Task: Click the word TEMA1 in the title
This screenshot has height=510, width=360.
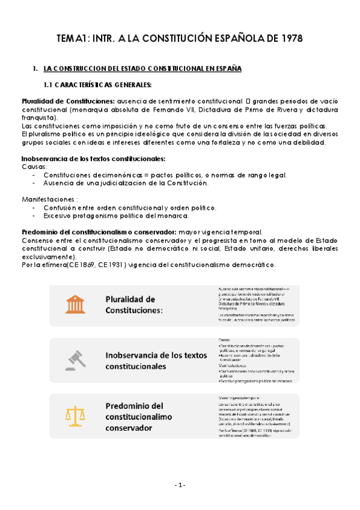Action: (x=72, y=38)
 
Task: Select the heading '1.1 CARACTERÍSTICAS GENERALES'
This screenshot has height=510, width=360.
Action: (x=98, y=84)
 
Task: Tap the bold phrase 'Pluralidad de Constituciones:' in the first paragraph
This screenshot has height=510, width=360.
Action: (x=68, y=100)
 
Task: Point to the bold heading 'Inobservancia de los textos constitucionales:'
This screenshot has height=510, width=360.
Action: (x=93, y=159)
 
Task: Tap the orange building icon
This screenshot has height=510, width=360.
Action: (x=75, y=304)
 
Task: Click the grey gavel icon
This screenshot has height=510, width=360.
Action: (x=75, y=360)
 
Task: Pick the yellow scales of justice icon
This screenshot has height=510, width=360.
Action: (x=75, y=416)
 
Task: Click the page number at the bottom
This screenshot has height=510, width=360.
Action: (x=180, y=485)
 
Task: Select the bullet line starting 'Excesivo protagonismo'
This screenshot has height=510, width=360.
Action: (x=117, y=215)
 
